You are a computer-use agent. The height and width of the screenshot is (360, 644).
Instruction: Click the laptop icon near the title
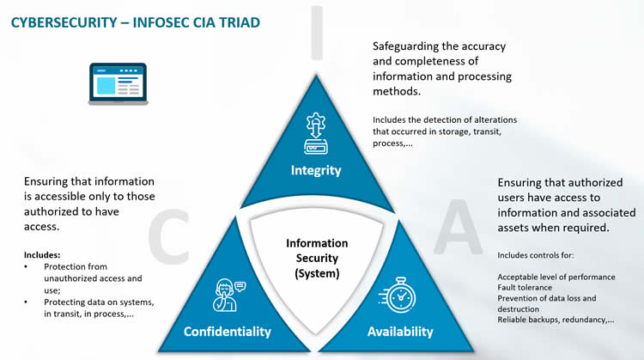click(x=118, y=84)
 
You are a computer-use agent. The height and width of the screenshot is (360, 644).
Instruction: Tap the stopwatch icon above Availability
click(x=398, y=295)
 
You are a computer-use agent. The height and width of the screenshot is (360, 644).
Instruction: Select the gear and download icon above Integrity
click(x=316, y=133)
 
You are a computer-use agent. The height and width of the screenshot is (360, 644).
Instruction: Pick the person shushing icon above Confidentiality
click(x=228, y=295)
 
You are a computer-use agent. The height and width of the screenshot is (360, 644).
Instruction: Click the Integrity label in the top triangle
click(x=316, y=170)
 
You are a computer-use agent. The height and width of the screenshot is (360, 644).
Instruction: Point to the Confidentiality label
click(x=228, y=332)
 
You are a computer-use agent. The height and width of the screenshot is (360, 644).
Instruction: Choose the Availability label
click(x=400, y=332)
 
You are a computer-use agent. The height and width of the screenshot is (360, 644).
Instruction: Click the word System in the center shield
click(x=317, y=274)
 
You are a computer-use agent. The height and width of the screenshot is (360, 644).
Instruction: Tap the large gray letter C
click(x=168, y=236)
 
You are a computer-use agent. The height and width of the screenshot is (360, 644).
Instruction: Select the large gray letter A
click(x=458, y=227)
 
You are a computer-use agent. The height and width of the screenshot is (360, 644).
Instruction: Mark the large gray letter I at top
click(x=317, y=33)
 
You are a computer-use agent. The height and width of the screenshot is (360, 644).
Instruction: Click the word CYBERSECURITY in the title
click(x=64, y=22)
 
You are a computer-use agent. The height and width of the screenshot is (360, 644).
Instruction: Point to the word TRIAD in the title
click(x=239, y=22)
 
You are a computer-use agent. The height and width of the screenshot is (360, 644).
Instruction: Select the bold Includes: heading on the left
click(x=42, y=255)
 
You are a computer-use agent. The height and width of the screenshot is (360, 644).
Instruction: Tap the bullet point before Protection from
click(x=26, y=266)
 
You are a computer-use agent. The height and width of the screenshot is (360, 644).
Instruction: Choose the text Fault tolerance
click(x=525, y=287)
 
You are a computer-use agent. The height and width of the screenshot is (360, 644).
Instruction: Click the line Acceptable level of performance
click(x=556, y=277)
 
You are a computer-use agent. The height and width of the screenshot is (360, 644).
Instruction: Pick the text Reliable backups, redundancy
click(x=550, y=320)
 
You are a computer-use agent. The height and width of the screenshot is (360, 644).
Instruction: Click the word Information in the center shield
click(x=317, y=243)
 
